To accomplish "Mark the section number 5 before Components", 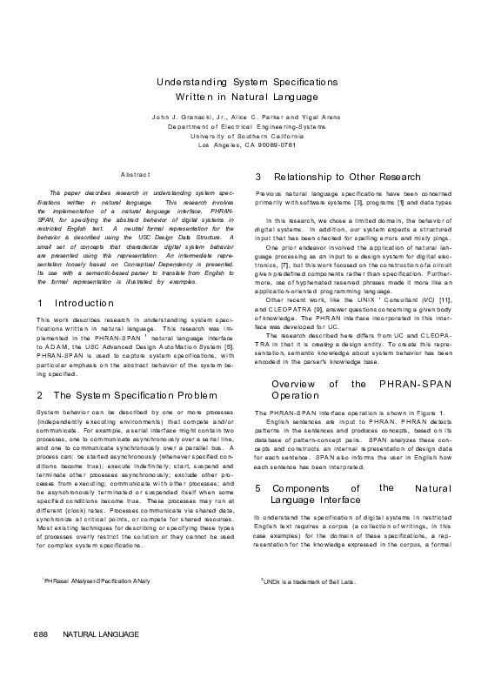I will (257, 489).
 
